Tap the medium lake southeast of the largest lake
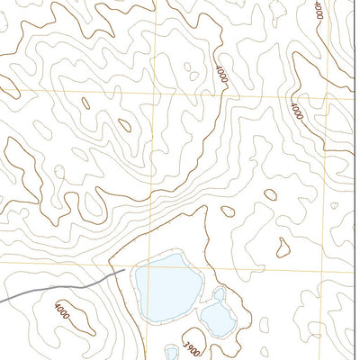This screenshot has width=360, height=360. (x=217, y=316)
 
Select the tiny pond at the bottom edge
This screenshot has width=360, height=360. (x=172, y=351)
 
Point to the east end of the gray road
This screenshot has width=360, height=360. (x=122, y=269)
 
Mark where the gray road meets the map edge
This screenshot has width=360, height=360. (x=2, y=300)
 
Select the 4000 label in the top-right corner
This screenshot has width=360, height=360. (x=319, y=11)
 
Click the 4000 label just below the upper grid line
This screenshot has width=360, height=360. (x=296, y=111)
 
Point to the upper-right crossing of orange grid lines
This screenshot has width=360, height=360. (x=323, y=89)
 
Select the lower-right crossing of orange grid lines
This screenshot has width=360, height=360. (x=327, y=272)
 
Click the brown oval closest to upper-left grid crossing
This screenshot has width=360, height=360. (x=124, y=125)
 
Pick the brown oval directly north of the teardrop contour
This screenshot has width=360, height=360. (x=270, y=193)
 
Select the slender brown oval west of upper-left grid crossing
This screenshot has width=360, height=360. (x=86, y=103)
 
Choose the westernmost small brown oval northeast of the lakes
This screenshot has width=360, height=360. (x=228, y=212)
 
